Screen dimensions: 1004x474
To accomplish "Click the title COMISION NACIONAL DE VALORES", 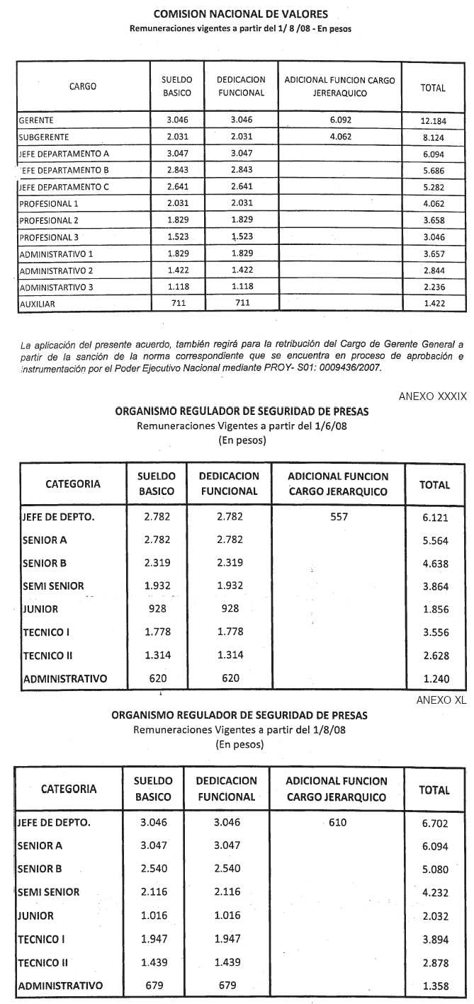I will [240, 14].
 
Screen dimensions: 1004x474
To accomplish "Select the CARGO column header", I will [83, 87].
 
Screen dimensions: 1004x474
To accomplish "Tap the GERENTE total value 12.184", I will [433, 121].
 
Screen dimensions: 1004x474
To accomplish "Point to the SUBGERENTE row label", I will [44, 137].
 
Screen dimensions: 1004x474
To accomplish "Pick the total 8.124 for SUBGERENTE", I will [433, 137].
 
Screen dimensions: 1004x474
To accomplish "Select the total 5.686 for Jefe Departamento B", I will [433, 171].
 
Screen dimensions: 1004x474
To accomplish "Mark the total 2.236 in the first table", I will [433, 287].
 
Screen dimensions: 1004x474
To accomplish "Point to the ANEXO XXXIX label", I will [432, 397].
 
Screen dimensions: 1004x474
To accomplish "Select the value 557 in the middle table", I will [339, 517].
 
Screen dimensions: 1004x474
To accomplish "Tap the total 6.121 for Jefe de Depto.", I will [434, 518].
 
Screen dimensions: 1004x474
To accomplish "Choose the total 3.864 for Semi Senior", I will [434, 586].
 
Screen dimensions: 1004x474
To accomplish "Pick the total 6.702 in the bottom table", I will [434, 823].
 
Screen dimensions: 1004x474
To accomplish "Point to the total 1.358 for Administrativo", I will [434, 986].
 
